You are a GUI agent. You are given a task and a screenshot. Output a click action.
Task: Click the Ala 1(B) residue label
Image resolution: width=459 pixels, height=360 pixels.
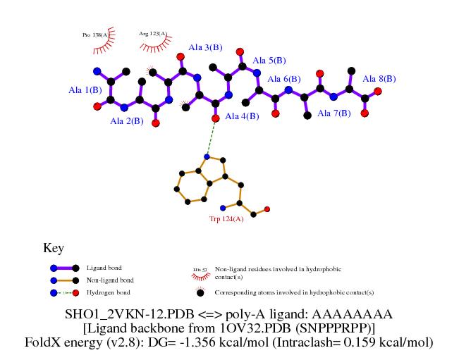85,90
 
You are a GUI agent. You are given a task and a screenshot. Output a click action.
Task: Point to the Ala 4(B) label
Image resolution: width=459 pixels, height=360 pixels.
240,116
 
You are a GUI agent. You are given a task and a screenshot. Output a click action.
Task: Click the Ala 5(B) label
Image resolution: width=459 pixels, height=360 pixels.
269,61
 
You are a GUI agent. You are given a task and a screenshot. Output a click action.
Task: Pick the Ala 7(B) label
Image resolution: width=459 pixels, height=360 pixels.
333,113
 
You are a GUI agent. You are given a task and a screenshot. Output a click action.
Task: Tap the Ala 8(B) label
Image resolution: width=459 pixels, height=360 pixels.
379,79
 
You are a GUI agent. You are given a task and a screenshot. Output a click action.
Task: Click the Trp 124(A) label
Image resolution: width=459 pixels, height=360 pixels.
226,219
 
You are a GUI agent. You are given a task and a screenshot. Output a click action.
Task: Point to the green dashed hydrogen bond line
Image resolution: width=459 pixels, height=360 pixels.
211,137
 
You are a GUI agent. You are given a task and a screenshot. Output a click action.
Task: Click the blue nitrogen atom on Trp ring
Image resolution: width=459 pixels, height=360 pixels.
207,156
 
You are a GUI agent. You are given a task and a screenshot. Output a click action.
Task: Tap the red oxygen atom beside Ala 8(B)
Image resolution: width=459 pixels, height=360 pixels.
378,91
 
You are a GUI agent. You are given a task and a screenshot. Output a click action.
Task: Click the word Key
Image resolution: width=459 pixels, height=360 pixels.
54,248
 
